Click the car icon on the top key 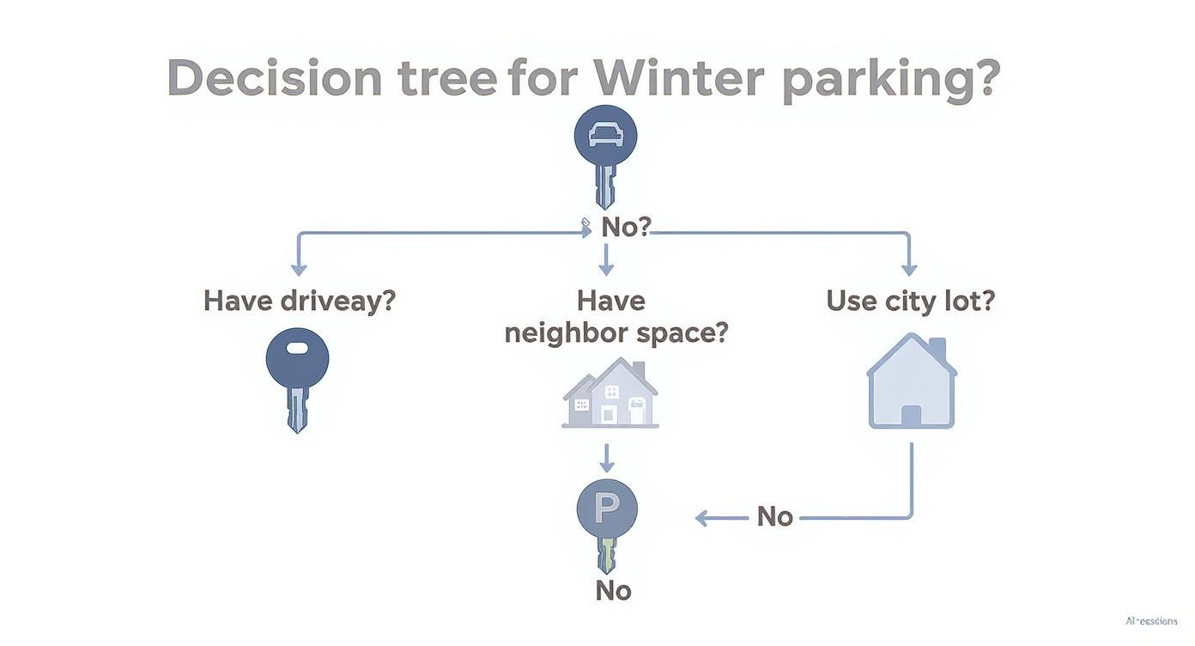coord(605,135)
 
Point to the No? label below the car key coord(626,227)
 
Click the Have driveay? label coord(299,302)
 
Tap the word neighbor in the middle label coord(562,332)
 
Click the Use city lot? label coord(910,302)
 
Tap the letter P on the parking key coord(606,509)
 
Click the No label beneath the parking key coord(613,591)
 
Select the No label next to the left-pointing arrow coord(774,516)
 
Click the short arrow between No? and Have coord(606,259)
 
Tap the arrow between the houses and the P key coord(606,459)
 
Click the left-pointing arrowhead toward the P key coord(701,518)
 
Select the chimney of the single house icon coord(937,349)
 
